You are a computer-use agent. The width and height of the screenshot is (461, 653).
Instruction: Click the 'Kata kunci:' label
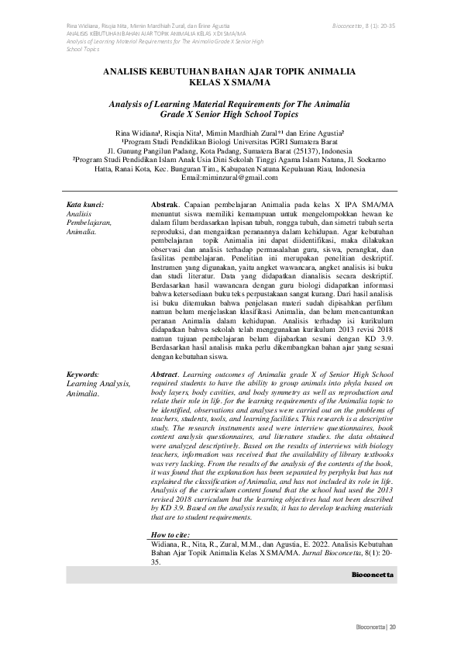[85, 204]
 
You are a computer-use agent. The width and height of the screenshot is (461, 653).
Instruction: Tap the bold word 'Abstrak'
[165, 204]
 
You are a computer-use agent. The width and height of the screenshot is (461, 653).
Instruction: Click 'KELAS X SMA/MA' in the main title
[230, 81]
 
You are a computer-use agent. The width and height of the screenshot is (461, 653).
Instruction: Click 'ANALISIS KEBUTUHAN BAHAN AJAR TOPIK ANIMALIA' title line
[230, 71]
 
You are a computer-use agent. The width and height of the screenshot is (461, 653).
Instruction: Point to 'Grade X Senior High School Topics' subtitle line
[230, 113]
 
